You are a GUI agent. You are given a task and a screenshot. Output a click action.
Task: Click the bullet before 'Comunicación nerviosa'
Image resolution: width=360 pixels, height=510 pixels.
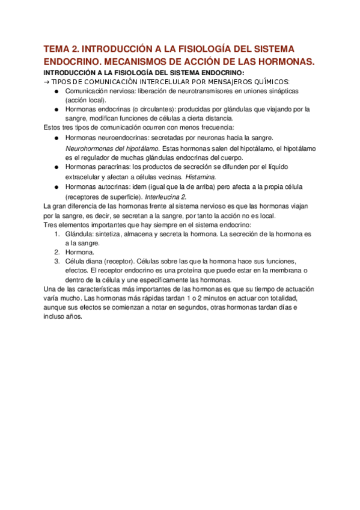coord(56,91)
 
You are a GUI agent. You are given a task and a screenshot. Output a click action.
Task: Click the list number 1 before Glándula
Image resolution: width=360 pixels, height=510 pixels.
coord(56,233)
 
